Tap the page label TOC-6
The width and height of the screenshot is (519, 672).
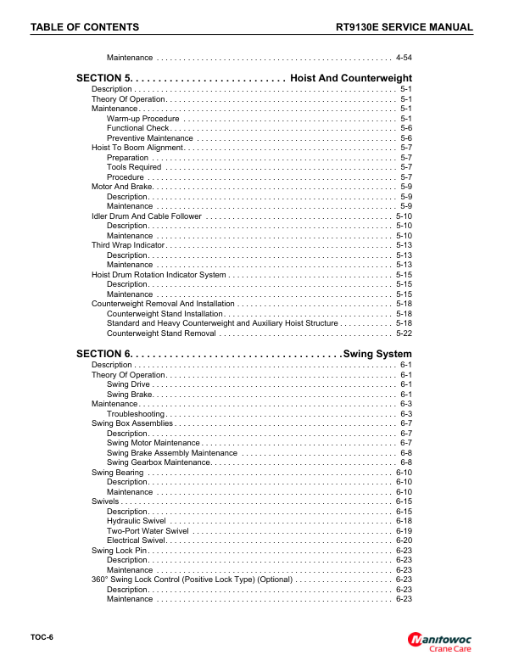click(42, 636)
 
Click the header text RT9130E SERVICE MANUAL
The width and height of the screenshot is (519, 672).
click(405, 27)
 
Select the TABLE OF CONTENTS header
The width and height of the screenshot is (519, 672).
click(85, 27)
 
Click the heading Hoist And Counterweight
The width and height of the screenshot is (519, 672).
click(351, 78)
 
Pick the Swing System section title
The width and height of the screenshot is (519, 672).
click(377, 354)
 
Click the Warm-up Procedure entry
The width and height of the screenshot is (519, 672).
click(142, 119)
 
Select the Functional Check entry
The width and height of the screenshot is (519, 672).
click(138, 128)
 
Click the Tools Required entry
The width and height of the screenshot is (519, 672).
click(134, 167)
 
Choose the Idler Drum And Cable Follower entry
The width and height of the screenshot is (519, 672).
click(147, 216)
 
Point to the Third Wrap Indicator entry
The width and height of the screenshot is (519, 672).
click(128, 245)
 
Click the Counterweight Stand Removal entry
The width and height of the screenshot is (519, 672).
click(161, 333)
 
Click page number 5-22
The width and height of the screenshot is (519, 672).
click(404, 333)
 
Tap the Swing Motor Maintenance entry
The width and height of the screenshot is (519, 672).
click(153, 443)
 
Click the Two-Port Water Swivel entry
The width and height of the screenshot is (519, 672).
click(148, 531)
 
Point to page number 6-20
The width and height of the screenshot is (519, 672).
click(404, 540)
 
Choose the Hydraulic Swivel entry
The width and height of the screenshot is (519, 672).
click(136, 521)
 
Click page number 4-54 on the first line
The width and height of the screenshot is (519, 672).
click(404, 58)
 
